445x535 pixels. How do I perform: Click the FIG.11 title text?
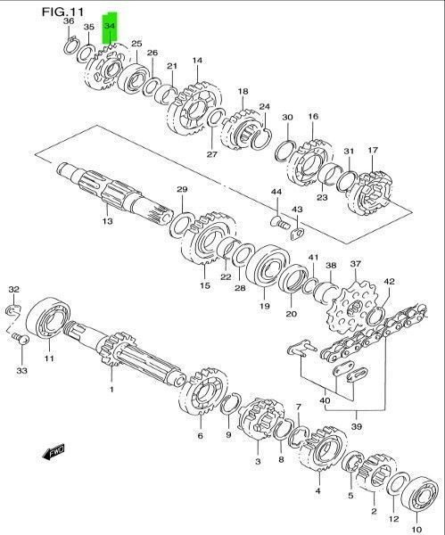[x=62, y=12]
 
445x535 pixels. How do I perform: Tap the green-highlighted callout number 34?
[x=110, y=26]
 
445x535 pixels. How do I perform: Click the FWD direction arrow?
[x=54, y=453]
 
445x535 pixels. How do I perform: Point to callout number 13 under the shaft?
[x=107, y=221]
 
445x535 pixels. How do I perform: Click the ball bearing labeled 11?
[x=48, y=318]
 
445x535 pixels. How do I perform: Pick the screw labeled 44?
[x=280, y=222]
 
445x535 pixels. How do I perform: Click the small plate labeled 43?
[x=296, y=234]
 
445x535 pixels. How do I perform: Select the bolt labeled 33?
[x=21, y=339]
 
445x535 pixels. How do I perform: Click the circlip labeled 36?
[x=71, y=46]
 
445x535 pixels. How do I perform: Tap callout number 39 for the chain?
[x=357, y=426]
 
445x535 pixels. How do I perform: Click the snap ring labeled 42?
[x=375, y=316]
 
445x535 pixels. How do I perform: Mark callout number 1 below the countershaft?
[x=111, y=389]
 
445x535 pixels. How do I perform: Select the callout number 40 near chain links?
[x=326, y=400]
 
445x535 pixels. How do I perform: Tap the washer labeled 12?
[x=399, y=484]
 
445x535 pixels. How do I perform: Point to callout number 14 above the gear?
[x=197, y=61]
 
